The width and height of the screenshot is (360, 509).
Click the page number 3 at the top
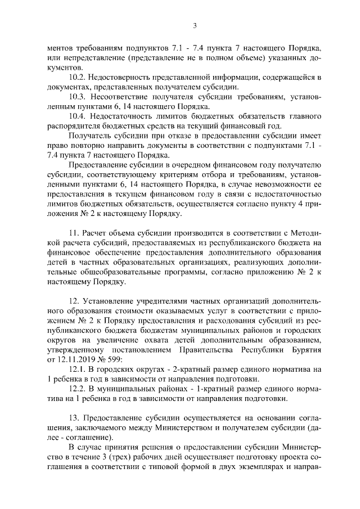pos(194,25)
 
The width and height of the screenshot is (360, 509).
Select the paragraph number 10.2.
pos(77,77)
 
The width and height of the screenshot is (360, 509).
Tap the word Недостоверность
pos(121,77)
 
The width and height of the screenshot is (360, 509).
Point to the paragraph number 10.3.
pos(77,97)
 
